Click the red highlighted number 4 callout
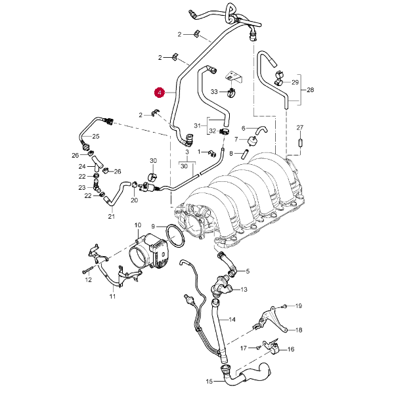click(158, 93)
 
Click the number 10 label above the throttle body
click(139, 226)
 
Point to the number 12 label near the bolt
click(88, 280)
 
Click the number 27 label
click(300, 127)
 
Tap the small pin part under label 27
click(300, 141)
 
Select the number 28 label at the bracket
click(311, 90)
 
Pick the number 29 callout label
click(295, 83)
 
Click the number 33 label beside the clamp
click(214, 91)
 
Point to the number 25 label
click(95, 137)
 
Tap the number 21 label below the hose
click(111, 217)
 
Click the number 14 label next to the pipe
click(231, 320)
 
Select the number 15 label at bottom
click(209, 381)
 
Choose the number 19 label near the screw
click(298, 306)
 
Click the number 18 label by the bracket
click(298, 330)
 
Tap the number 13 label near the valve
click(244, 289)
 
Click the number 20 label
click(134, 201)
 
